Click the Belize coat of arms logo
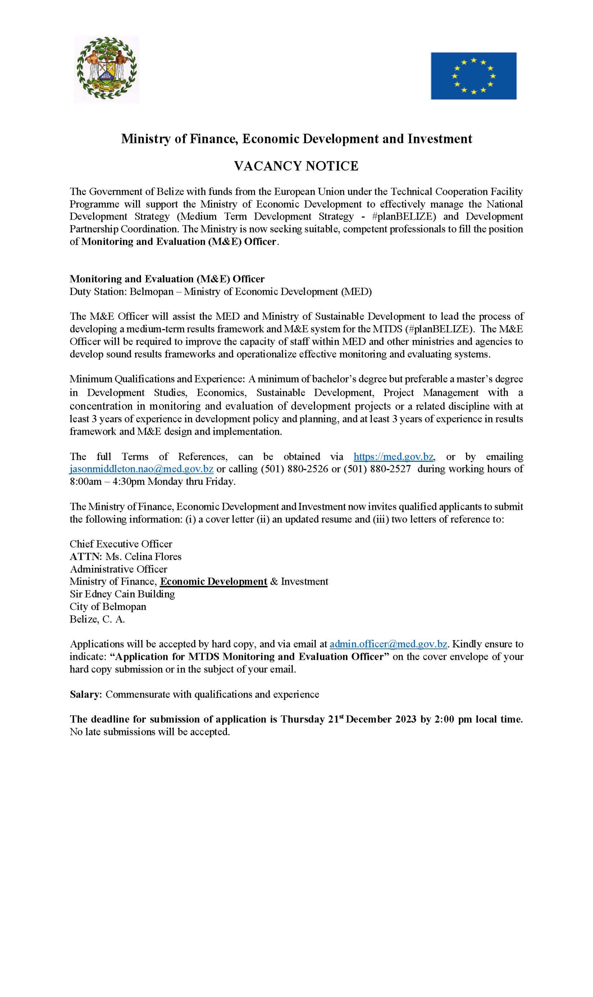[106, 69]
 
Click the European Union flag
[473, 76]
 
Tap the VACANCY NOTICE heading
[296, 166]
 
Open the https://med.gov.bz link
[393, 456]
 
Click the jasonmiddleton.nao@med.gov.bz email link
[141, 469]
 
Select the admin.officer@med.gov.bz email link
[388, 644]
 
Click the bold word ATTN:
[86, 556]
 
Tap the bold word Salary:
[86, 694]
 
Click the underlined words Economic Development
[213, 581]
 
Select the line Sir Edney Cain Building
[122, 594]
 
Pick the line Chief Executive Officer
[121, 544]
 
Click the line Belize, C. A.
[97, 619]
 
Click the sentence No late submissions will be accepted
[150, 732]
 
